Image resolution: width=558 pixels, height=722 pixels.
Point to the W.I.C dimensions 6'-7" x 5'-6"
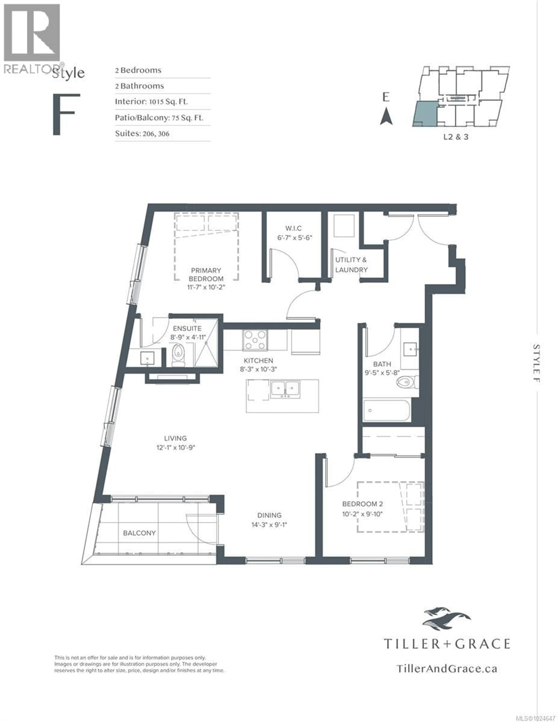(x=294, y=238)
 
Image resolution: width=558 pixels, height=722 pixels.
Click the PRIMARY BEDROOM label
(x=206, y=274)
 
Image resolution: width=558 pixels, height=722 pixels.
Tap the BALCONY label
(x=139, y=533)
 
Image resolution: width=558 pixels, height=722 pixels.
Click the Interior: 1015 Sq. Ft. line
(x=151, y=102)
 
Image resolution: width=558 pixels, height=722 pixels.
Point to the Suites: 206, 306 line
(x=142, y=134)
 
